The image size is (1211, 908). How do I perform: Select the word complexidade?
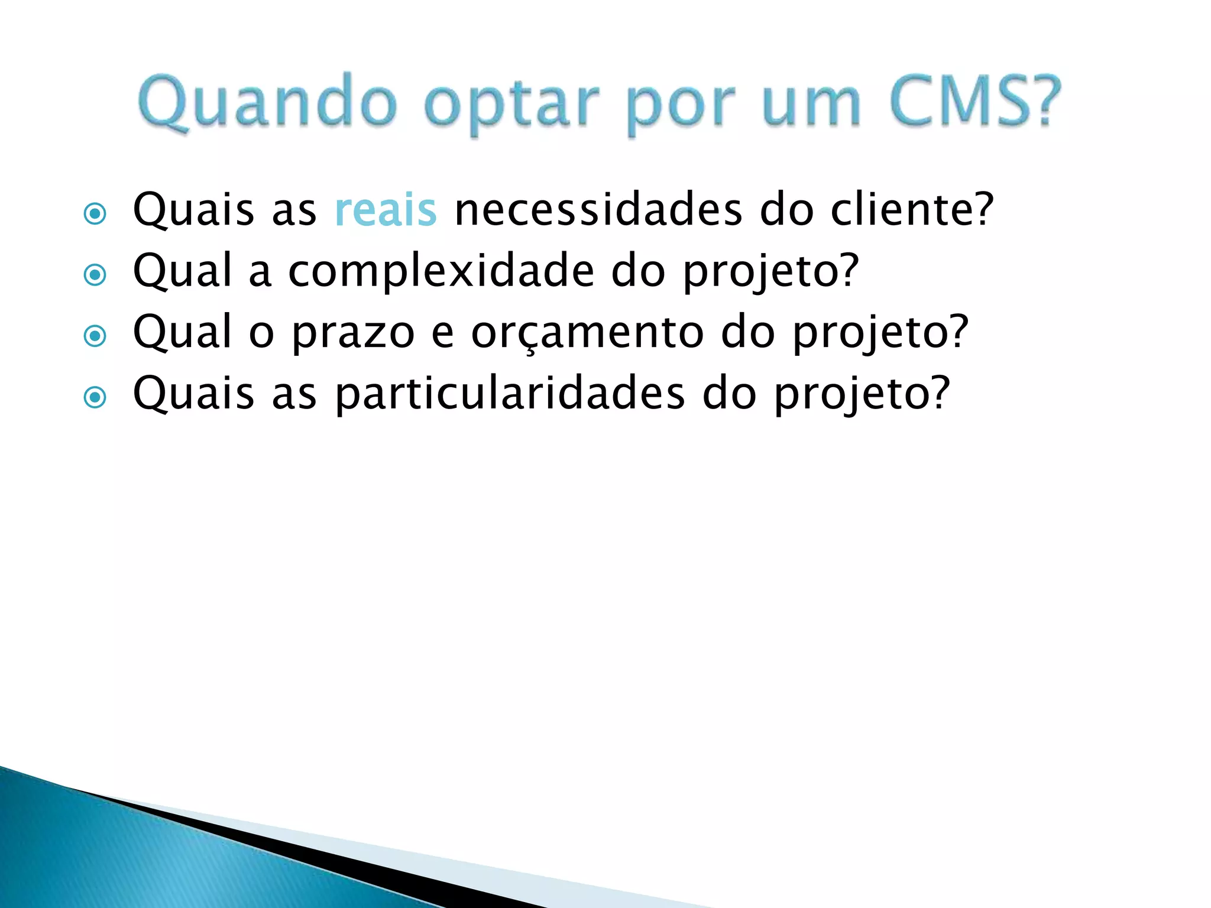click(441, 272)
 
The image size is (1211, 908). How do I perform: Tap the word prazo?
click(354, 333)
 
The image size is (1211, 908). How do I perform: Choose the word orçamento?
click(588, 333)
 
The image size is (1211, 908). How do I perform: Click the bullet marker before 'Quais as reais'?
click(95, 213)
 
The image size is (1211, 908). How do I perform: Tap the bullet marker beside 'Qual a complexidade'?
click(95, 275)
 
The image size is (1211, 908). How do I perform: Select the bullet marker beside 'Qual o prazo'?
click(95, 336)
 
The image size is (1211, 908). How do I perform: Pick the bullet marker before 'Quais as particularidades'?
click(95, 397)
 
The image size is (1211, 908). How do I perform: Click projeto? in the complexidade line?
click(770, 273)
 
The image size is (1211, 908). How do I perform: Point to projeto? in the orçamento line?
click(880, 334)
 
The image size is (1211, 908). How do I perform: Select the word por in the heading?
click(680, 106)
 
